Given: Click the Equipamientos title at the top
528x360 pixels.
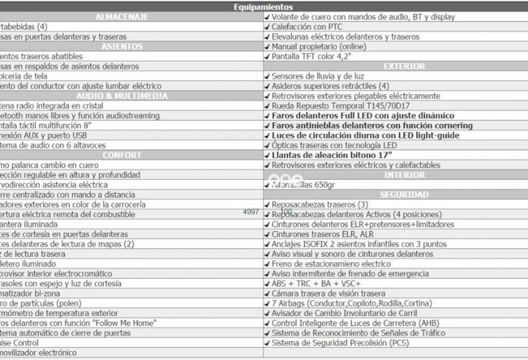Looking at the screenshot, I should (264, 7).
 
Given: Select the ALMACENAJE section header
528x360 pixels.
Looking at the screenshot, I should (122, 17).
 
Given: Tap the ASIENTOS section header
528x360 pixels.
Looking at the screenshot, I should (122, 46).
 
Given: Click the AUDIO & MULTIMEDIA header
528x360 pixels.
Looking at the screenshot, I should (122, 96).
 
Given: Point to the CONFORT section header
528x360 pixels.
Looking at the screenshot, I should (122, 155).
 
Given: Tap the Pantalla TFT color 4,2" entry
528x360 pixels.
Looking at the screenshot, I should (311, 56).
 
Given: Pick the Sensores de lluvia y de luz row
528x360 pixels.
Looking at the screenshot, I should (317, 76).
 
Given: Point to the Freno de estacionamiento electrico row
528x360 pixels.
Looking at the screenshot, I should (331, 263).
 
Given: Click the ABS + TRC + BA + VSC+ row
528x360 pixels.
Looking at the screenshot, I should (316, 283).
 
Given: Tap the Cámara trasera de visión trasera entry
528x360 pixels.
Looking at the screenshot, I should (328, 293).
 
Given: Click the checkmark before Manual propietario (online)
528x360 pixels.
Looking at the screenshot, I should (267, 47).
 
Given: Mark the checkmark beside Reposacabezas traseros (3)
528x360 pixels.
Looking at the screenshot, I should (267, 205).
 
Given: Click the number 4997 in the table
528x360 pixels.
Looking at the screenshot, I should (251, 212).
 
